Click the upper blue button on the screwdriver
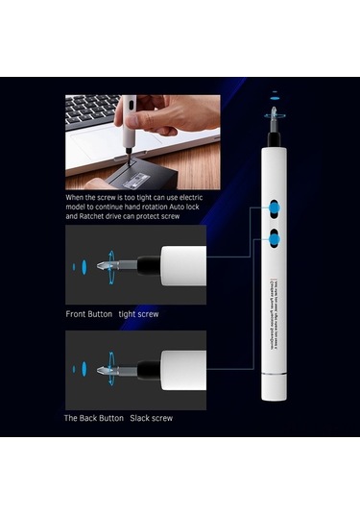[x=274, y=207]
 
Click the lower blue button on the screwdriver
[x=274, y=235]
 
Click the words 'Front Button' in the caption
[x=87, y=314]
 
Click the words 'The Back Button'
[x=93, y=418]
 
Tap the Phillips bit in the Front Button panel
[x=115, y=264]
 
